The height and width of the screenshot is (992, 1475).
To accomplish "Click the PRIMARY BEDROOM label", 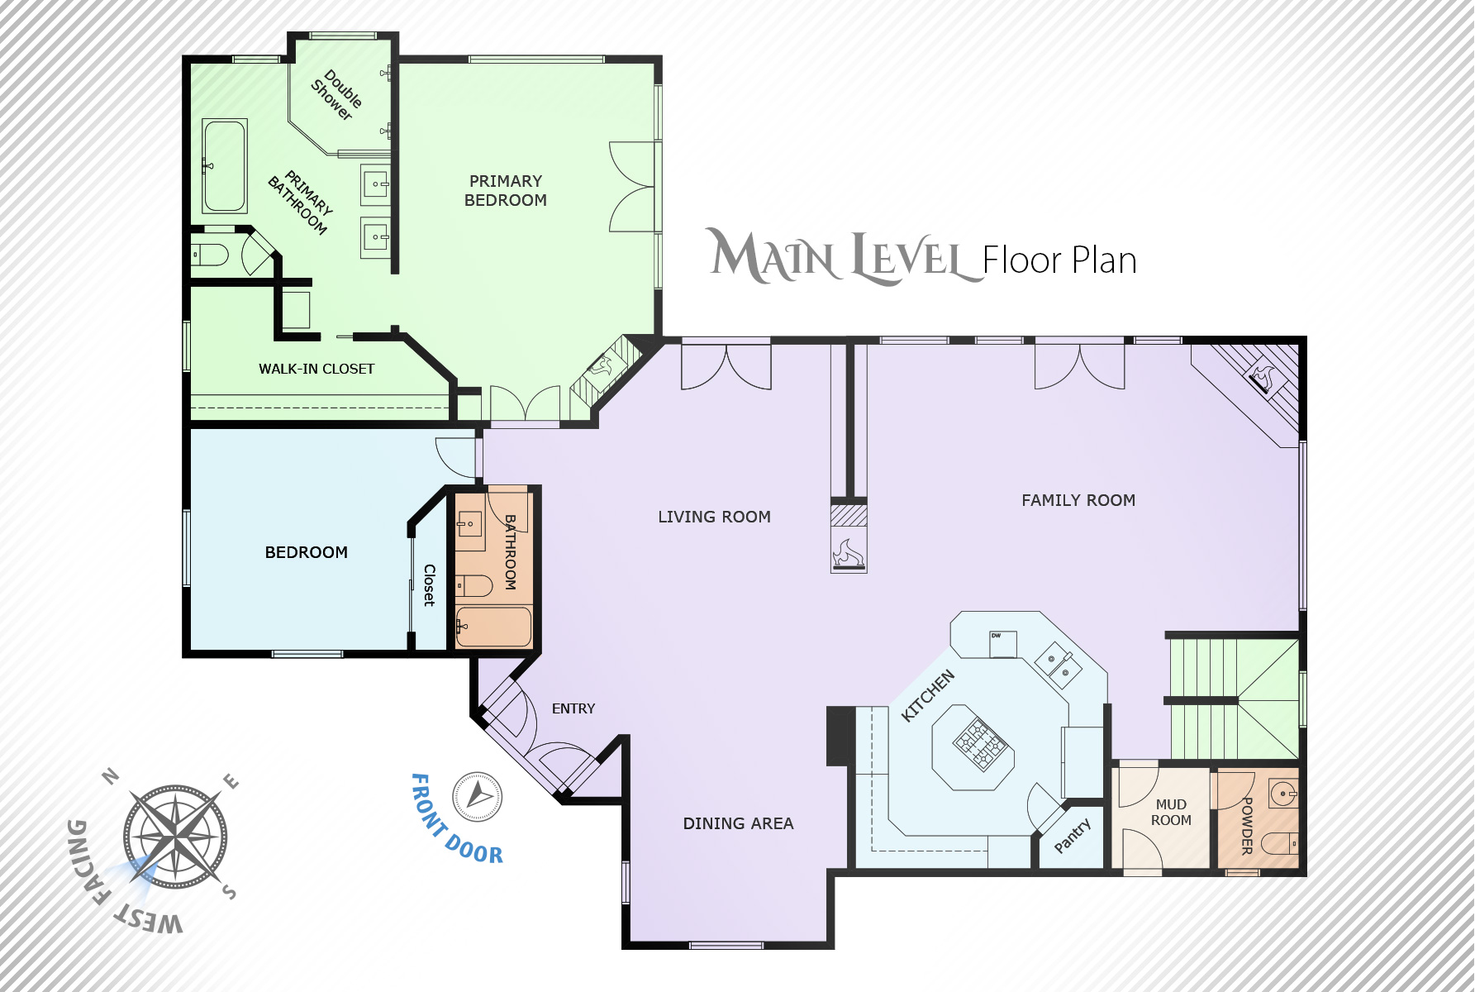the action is [506, 191].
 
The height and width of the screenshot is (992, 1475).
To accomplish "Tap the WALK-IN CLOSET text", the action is [316, 369].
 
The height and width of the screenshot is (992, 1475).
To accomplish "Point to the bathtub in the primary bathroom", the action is [224, 166].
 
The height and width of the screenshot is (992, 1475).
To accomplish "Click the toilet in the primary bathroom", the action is [209, 255].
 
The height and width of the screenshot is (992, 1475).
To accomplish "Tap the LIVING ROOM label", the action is [714, 517].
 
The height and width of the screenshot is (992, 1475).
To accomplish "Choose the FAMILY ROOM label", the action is [1078, 500].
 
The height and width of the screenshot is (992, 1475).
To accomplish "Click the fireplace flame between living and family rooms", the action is [849, 553].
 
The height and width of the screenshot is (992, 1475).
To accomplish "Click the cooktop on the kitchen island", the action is [983, 743].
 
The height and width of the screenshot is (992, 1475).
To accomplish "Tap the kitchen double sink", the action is [1059, 664].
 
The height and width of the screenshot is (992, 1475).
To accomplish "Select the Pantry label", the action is [1073, 835].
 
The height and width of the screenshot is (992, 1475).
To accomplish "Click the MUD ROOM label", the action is [1171, 812].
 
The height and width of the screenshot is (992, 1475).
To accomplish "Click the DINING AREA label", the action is [738, 823].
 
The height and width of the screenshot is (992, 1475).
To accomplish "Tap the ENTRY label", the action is [573, 708].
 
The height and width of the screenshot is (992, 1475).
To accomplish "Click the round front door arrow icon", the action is [477, 797].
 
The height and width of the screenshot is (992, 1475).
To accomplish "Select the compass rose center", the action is [175, 837].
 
